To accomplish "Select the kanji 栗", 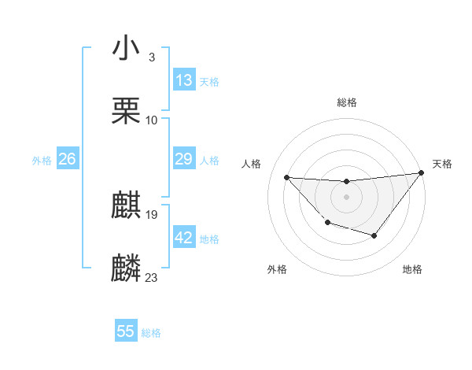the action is (x=126, y=111).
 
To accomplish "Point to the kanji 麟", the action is (x=126, y=268).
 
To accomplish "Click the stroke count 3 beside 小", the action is (x=151, y=57).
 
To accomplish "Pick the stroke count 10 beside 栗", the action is (x=152, y=120).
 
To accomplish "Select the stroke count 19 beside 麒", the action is (x=152, y=214).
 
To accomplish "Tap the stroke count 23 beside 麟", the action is (x=152, y=277).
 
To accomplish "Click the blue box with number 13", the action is (x=184, y=80).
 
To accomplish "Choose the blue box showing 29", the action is (x=184, y=159).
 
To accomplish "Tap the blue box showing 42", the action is (x=184, y=238).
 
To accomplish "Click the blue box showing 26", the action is (x=67, y=159).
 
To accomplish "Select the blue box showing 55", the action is (x=126, y=331).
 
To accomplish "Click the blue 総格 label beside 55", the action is (x=152, y=333).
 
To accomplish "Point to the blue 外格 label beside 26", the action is (x=42, y=161).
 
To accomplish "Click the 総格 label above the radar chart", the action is (x=346, y=102).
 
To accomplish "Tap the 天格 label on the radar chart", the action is (x=443, y=164).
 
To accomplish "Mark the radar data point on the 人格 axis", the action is (x=287, y=177).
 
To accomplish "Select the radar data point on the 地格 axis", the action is (x=374, y=236).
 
